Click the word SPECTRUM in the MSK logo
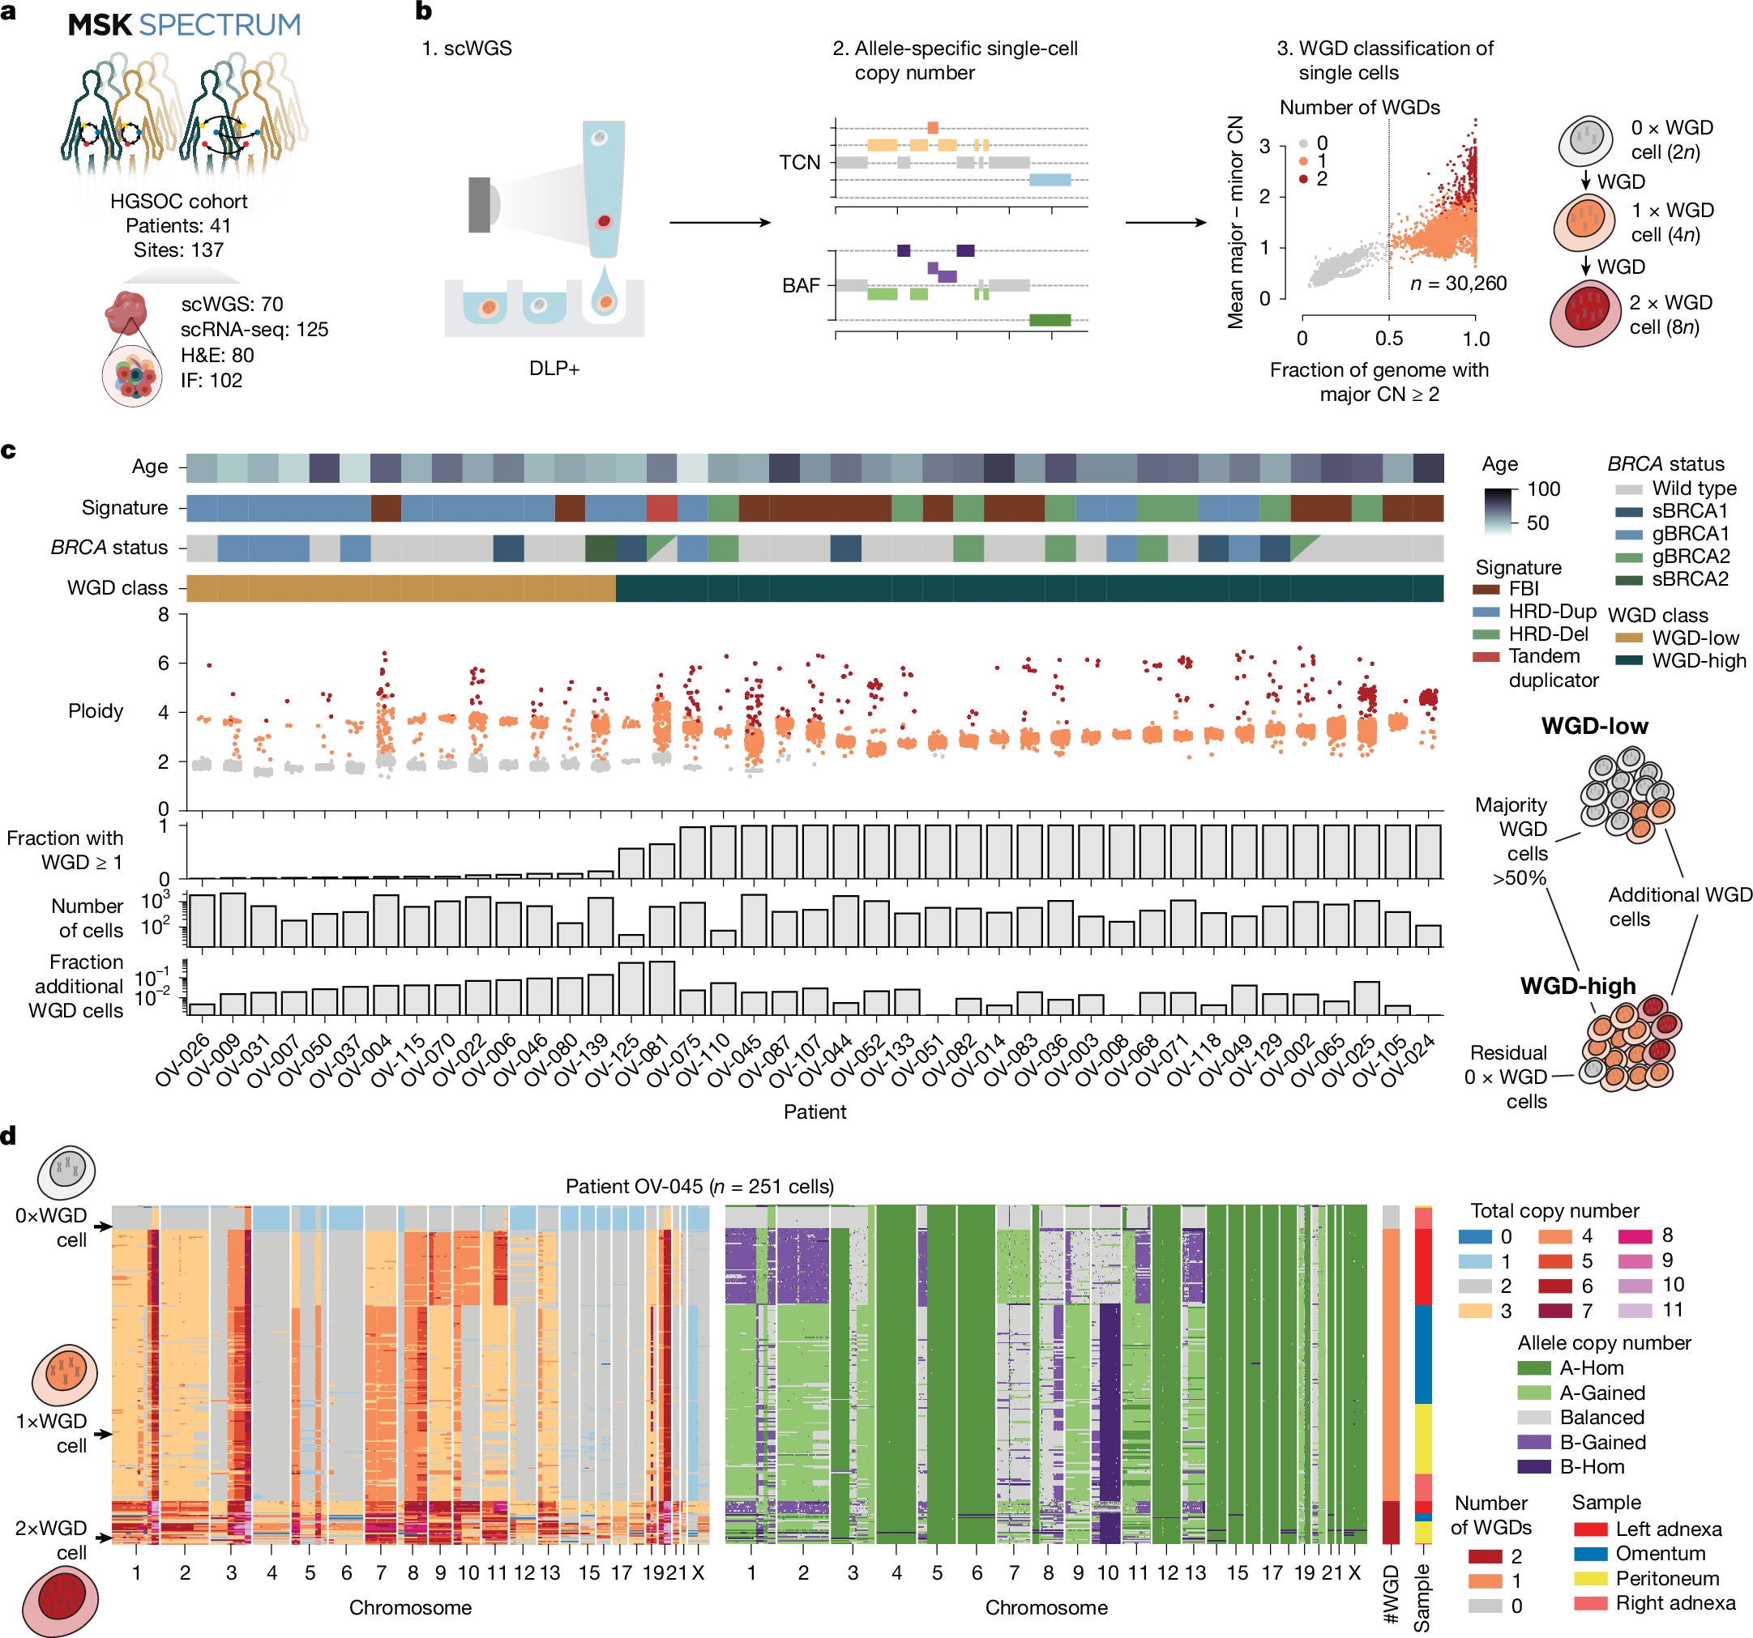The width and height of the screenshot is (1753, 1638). point(220,24)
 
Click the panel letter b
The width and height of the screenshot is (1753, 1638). point(423,11)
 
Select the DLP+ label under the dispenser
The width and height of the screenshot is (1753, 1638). point(554,369)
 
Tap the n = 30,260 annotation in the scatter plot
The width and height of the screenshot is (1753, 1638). point(1458,284)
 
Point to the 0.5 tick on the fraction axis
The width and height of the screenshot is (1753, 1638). point(1389,339)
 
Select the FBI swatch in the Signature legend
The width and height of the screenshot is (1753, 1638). point(1486,589)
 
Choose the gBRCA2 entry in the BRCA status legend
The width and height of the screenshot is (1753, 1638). point(1690,557)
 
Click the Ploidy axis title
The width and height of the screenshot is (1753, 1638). point(96,710)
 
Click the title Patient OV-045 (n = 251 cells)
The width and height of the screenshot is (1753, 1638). point(699,1186)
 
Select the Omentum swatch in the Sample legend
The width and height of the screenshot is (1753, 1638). point(1590,1554)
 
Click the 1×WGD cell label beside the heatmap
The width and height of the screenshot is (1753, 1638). point(51,1432)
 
